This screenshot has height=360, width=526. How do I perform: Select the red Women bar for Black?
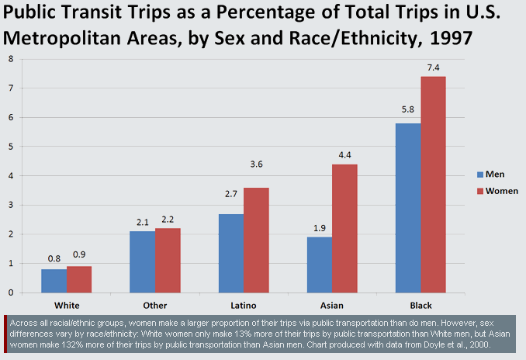point(434,185)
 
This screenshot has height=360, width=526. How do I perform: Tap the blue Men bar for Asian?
point(320,265)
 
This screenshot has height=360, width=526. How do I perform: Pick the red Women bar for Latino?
point(257,240)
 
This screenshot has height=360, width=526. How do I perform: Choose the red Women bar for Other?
point(168,260)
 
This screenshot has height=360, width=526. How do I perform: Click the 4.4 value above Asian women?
point(345,156)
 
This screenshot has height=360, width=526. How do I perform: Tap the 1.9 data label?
point(320,229)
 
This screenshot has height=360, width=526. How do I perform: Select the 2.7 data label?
point(231,206)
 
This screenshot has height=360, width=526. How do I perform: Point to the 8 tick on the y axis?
point(10,59)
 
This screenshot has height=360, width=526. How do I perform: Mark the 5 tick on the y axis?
point(10,147)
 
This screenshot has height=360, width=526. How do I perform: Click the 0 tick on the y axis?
point(10,292)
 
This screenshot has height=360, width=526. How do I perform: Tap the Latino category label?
point(244,305)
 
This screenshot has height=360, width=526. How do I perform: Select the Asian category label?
point(332,305)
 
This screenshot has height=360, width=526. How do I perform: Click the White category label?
point(67,305)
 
